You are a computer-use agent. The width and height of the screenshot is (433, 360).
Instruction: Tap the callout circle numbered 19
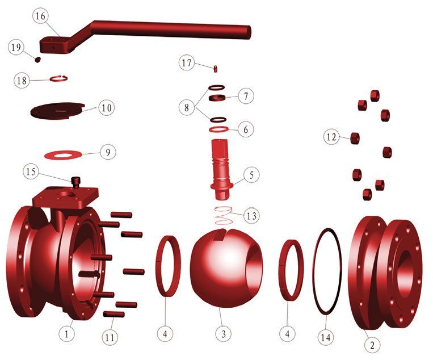(x=16, y=48)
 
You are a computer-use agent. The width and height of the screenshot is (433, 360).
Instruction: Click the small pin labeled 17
(x=216, y=69)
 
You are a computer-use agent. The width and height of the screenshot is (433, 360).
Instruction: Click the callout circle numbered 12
(x=331, y=136)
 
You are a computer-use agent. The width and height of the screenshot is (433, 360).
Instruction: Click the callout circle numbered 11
(x=110, y=337)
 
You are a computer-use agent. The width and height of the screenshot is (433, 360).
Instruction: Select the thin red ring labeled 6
(x=218, y=130)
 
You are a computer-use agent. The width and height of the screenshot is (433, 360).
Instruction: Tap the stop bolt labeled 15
(x=75, y=182)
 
